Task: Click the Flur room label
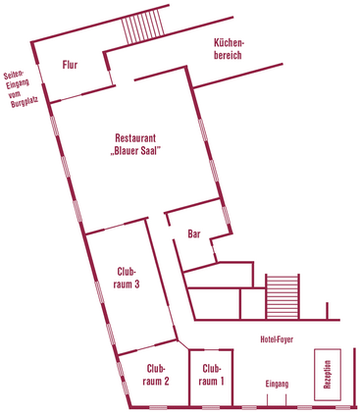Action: [x=70, y=65]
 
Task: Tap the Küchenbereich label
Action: [x=228, y=49]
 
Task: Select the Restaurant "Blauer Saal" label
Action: [x=135, y=144]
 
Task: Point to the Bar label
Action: [x=194, y=234]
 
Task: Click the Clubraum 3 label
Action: [x=127, y=278]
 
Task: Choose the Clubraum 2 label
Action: [x=156, y=375]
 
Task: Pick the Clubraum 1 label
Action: [x=211, y=375]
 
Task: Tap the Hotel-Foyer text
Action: [x=277, y=339]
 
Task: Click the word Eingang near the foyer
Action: [x=277, y=384]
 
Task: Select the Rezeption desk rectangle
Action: [x=328, y=375]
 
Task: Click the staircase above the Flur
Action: [x=143, y=26]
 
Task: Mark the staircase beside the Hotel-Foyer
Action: [x=283, y=296]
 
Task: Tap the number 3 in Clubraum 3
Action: [x=137, y=285]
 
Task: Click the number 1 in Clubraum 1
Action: [x=222, y=382]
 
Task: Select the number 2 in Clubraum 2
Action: [x=166, y=382]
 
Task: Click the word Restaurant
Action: [x=135, y=138]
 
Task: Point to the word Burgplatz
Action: [x=25, y=103]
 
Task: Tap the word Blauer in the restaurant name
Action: [x=126, y=151]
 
